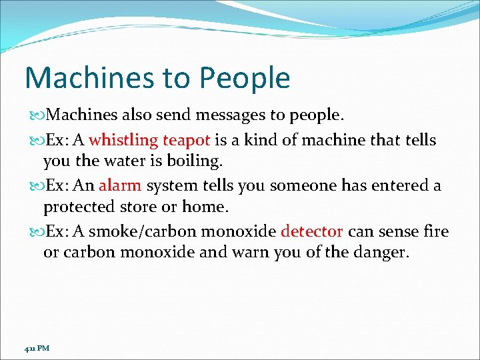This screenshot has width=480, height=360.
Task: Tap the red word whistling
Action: (x=123, y=140)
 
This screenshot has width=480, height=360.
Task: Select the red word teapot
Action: (x=187, y=140)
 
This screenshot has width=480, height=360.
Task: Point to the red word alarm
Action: (x=120, y=185)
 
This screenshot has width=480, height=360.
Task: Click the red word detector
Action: (x=312, y=231)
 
